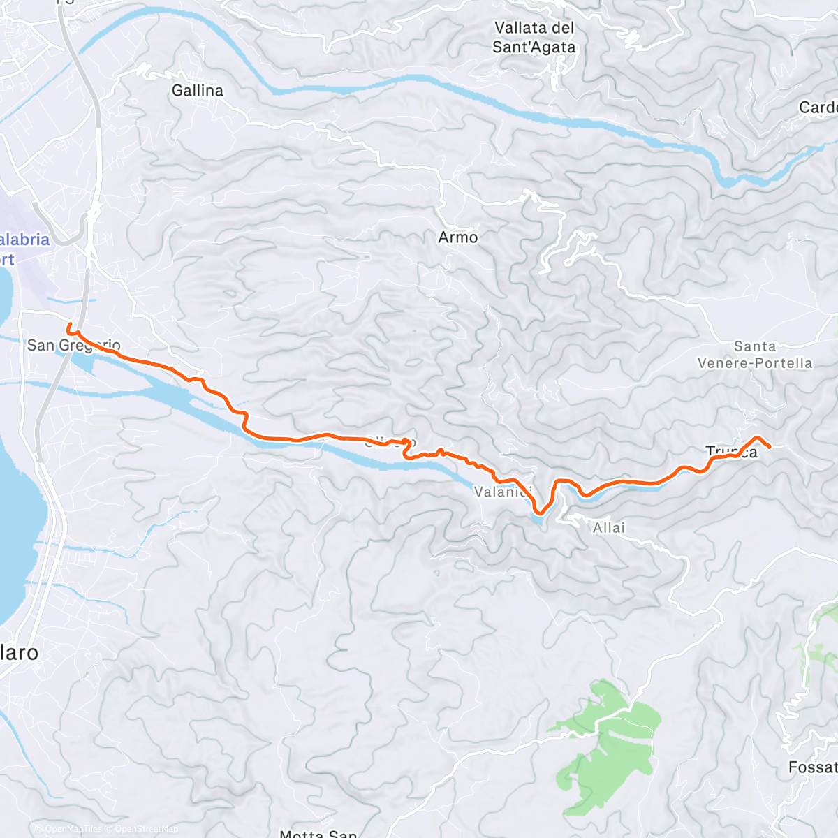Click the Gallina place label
(x=198, y=91)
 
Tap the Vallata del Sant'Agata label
(x=534, y=38)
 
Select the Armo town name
(x=458, y=237)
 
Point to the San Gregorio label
(x=73, y=345)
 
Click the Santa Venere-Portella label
(x=755, y=355)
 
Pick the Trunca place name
(x=731, y=452)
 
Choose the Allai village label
(x=609, y=528)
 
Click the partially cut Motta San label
(x=318, y=832)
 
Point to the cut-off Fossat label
(x=813, y=767)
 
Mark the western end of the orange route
(x=68, y=325)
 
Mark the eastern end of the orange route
(x=770, y=446)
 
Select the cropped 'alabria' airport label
(x=24, y=240)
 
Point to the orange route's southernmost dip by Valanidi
(x=539, y=514)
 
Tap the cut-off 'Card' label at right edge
(x=818, y=108)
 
